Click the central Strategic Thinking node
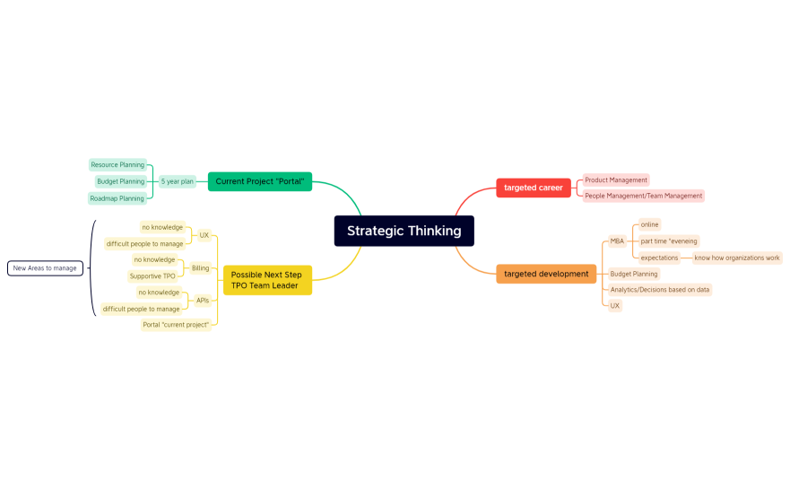click(x=404, y=231)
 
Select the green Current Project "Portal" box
click(x=260, y=181)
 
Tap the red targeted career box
click(x=534, y=188)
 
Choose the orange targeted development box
click(x=546, y=274)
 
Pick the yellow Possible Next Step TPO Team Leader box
click(x=267, y=280)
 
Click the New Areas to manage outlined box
click(x=45, y=268)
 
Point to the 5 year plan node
click(x=178, y=181)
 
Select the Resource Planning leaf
click(x=117, y=165)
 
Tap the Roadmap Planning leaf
click(x=117, y=198)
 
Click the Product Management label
click(x=616, y=180)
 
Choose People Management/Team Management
click(x=643, y=196)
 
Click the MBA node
click(x=617, y=241)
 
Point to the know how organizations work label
click(x=737, y=258)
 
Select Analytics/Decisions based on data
click(x=660, y=289)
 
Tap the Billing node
click(x=200, y=268)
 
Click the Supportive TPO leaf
click(x=152, y=276)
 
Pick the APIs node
click(x=203, y=301)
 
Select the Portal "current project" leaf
click(x=176, y=325)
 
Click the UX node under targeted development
click(x=615, y=305)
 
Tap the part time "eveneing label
click(x=669, y=241)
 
